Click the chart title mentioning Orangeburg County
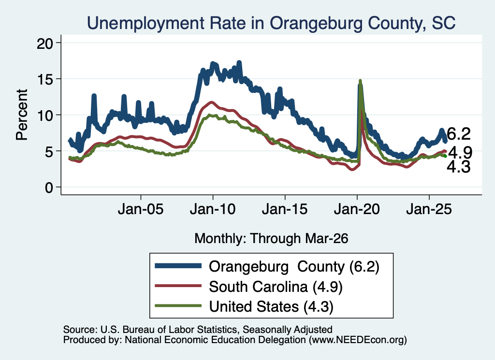271,23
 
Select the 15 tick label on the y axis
45,79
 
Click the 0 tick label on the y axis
49,187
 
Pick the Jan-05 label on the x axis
141,209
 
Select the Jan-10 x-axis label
213,209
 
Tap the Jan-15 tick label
285,209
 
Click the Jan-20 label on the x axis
357,209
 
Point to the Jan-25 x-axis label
429,209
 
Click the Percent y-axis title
22,115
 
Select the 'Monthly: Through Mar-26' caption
271,238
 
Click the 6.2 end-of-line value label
459,134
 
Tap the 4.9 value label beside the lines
460,153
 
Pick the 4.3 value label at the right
459,167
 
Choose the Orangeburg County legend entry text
294,267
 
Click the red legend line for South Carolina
178,286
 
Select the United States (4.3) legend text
271,306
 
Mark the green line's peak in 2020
360,81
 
